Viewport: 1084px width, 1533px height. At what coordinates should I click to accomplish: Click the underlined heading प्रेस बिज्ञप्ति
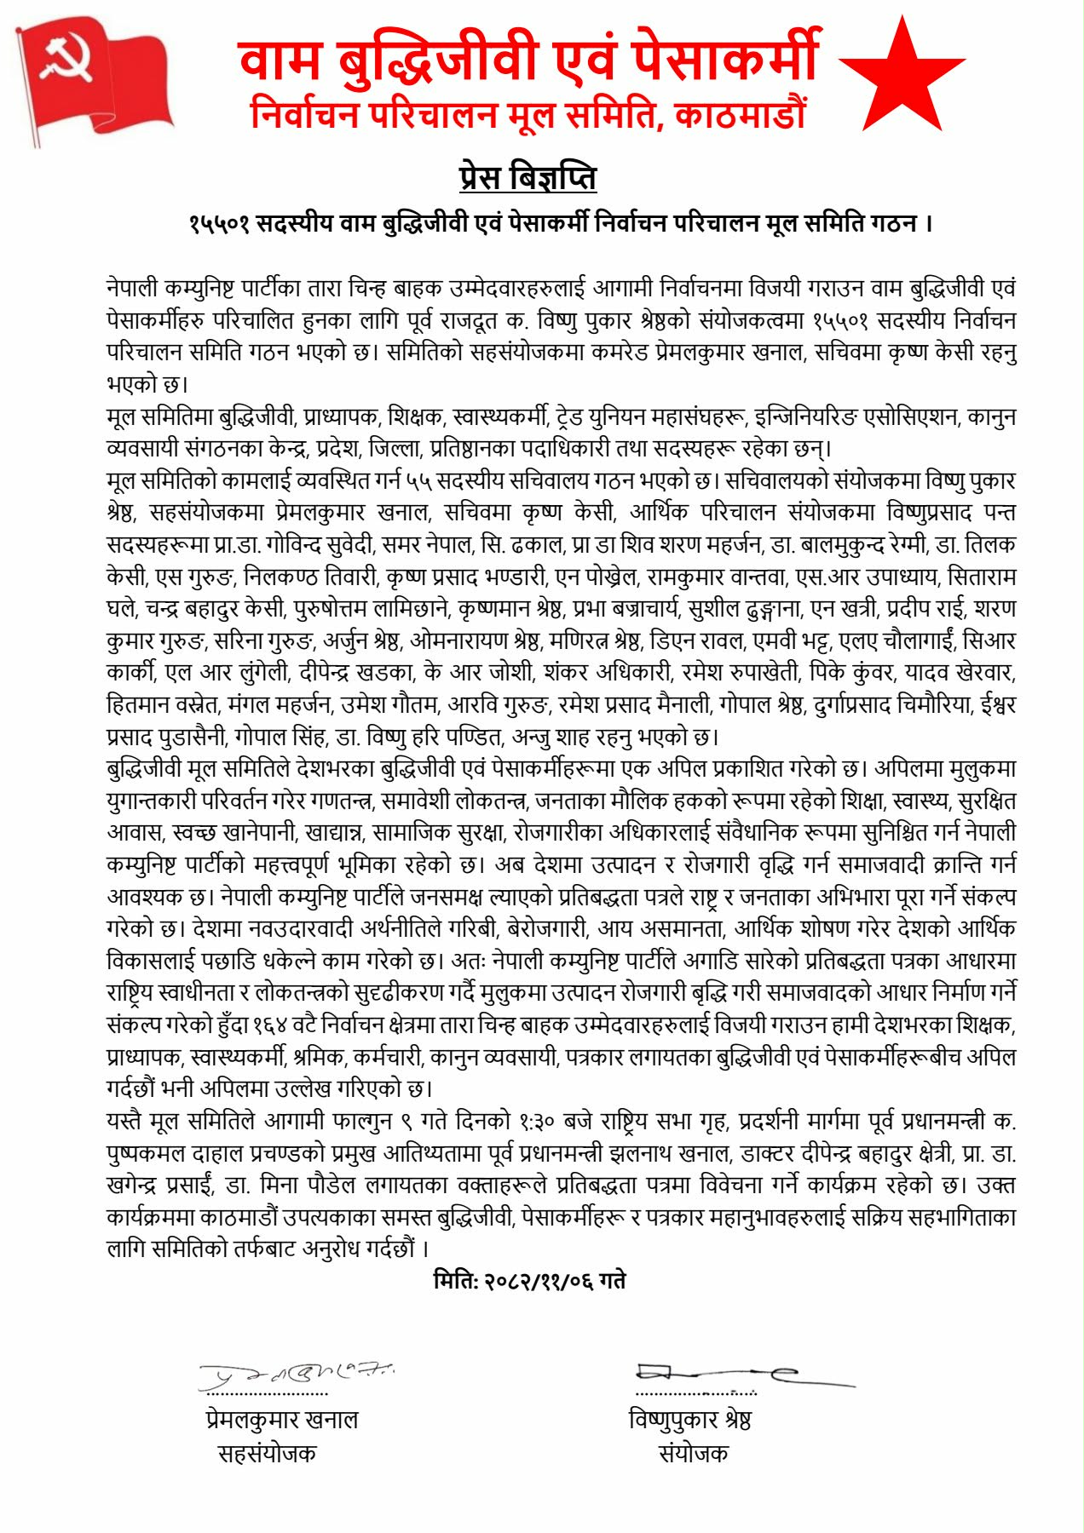pos(528,178)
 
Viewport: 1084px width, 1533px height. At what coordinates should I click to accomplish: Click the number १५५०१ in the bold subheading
pos(219,224)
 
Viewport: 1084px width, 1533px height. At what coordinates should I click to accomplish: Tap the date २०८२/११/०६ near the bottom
pos(539,1280)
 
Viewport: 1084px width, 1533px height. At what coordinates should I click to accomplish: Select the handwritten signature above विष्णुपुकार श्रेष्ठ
pos(741,1373)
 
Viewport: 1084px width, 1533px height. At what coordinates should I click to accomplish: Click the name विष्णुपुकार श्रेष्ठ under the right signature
pos(689,1420)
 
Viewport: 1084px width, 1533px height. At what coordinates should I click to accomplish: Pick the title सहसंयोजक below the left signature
pos(267,1453)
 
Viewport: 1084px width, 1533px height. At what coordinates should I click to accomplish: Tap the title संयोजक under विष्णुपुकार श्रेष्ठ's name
pos(694,1453)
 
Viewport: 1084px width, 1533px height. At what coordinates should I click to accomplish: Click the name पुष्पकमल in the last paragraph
pos(146,1154)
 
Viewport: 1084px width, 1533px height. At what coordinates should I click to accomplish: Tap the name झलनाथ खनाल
pos(666,1154)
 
